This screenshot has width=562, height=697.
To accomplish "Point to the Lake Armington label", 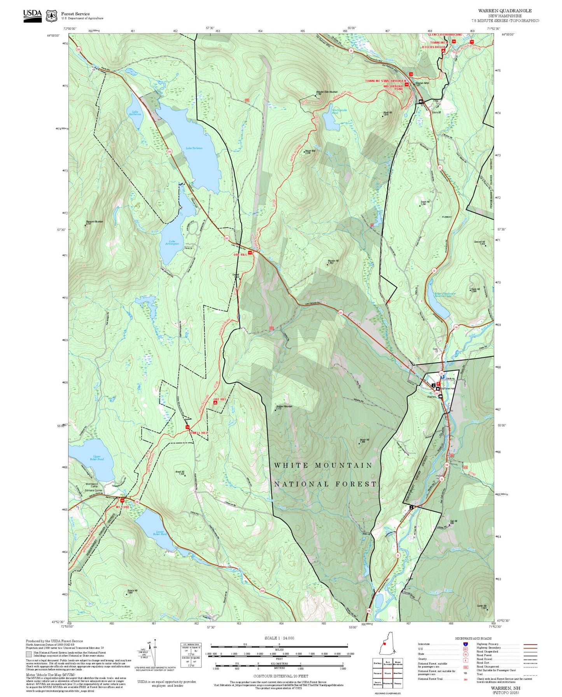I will coord(172,242).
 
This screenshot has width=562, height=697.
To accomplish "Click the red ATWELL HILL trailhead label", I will coord(198,432).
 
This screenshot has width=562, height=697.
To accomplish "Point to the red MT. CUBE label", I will coord(123,507).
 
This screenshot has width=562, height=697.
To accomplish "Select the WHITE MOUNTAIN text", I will coord(323,465).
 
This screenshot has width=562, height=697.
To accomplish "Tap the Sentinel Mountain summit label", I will coord(284,407).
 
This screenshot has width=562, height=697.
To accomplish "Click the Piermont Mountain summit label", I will coord(94,222).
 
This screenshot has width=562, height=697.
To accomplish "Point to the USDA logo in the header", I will coord(32,14).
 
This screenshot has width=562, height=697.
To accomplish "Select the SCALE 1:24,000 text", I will coord(279,638).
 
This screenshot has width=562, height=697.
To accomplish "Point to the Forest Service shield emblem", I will coord(51,16).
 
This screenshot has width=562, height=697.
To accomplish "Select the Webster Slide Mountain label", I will coord(327,92).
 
